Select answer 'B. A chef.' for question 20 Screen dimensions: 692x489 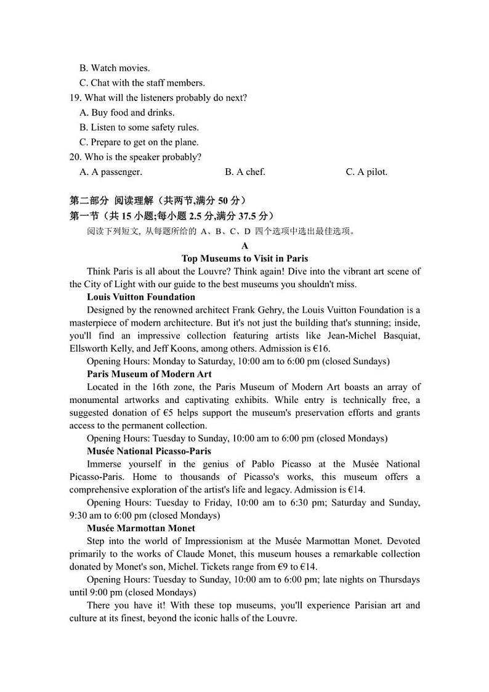(x=244, y=172)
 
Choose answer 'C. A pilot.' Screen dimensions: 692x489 (x=366, y=172)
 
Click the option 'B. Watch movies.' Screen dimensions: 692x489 (x=115, y=68)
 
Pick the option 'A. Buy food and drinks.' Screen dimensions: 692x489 (x=127, y=113)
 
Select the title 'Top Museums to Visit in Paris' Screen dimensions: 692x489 (x=244, y=259)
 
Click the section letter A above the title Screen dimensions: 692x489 (x=244, y=246)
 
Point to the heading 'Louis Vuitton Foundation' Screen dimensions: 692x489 (x=141, y=297)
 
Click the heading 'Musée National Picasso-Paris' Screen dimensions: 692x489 (x=149, y=451)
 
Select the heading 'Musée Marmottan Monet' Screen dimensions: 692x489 (x=141, y=528)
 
